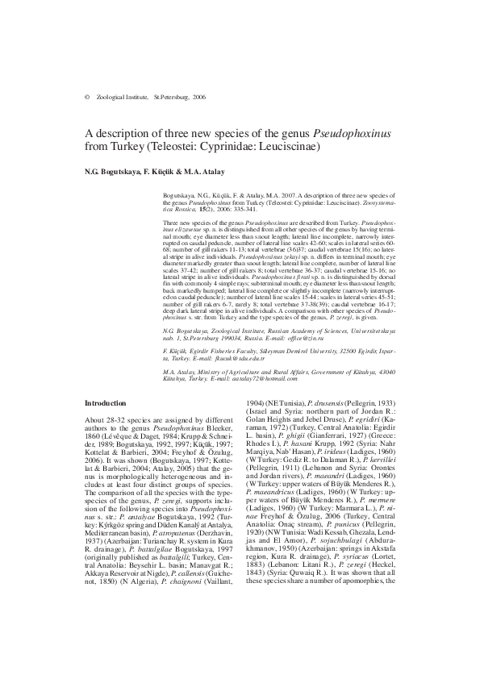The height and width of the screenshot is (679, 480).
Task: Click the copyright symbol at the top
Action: coord(86,97)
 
